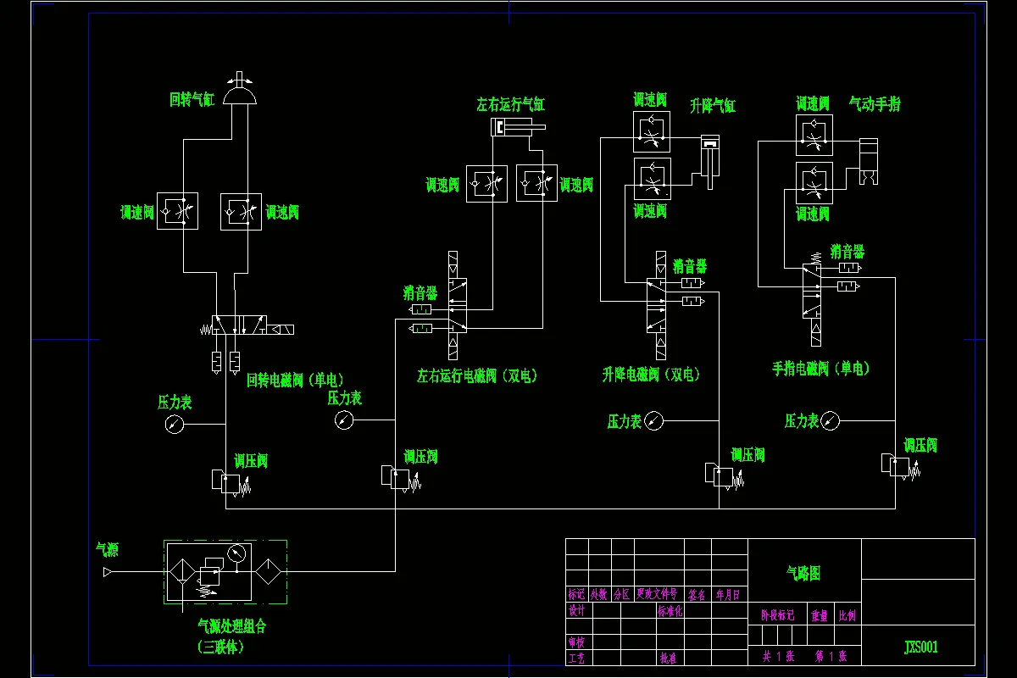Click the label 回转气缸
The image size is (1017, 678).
pyautogui.click(x=192, y=100)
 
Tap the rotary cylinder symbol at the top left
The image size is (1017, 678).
pyautogui.click(x=240, y=96)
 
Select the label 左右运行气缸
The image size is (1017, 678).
pyautogui.click(x=510, y=105)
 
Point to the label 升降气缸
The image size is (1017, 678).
pyautogui.click(x=713, y=106)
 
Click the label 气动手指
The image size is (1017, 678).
pyautogui.click(x=875, y=104)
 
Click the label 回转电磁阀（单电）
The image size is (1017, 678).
pyautogui.click(x=295, y=380)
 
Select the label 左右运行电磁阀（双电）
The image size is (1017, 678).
pyautogui.click(x=477, y=375)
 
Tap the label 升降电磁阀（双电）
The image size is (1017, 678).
pyautogui.click(x=651, y=375)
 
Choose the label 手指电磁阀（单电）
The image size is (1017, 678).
pyautogui.click(x=820, y=369)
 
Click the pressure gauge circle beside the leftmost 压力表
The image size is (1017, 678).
pyautogui.click(x=175, y=424)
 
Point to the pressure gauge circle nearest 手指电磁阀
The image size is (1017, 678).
pyautogui.click(x=831, y=420)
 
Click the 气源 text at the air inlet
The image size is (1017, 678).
pyautogui.click(x=107, y=550)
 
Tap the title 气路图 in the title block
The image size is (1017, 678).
pyautogui.click(x=803, y=574)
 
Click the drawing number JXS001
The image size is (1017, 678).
pyautogui.click(x=920, y=647)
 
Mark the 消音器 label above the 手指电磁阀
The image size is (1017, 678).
pyautogui.click(x=847, y=252)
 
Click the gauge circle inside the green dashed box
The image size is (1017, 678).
pyautogui.click(x=236, y=553)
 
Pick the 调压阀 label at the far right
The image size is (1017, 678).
pyautogui.click(x=920, y=446)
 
